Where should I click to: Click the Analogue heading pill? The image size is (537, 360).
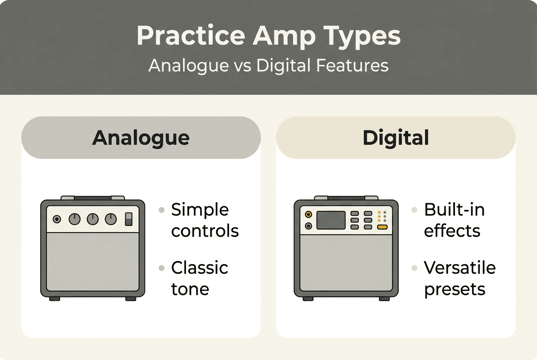pyautogui.click(x=141, y=138)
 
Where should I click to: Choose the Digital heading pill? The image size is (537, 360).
pyautogui.click(x=396, y=138)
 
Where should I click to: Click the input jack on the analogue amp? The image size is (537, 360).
pyautogui.click(x=57, y=219)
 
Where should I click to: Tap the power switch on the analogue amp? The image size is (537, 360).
pyautogui.click(x=129, y=219)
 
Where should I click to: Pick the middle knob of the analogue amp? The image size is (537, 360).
pyautogui.click(x=93, y=219)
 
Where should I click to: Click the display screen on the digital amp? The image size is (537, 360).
pyautogui.click(x=331, y=220)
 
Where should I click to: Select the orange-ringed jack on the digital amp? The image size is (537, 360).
pyautogui.click(x=308, y=214)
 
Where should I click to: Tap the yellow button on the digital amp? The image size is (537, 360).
pyautogui.click(x=382, y=228)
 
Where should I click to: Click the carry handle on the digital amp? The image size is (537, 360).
pyautogui.click(x=346, y=198)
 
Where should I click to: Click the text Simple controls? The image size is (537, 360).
pyautogui.click(x=205, y=220)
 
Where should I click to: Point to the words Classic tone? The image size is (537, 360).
pyautogui.click(x=199, y=278)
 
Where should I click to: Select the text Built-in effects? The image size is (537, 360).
pyautogui.click(x=454, y=220)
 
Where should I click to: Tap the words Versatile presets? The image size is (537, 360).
pyautogui.click(x=460, y=278)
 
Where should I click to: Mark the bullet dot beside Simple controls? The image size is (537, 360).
pyautogui.click(x=161, y=210)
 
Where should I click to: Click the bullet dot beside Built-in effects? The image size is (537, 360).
pyautogui.click(x=415, y=210)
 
